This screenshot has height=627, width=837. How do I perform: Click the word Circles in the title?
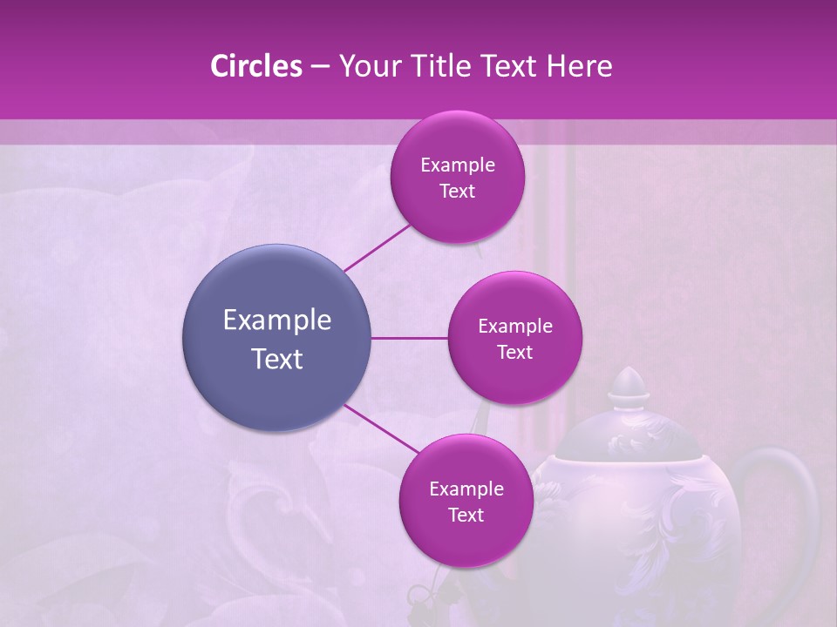[x=255, y=66]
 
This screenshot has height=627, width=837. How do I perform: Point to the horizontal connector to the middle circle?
[x=410, y=338]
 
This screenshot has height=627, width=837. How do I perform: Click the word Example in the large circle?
[x=277, y=320]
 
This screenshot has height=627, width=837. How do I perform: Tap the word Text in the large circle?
[x=277, y=359]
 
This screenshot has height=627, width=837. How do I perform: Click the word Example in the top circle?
[x=458, y=165]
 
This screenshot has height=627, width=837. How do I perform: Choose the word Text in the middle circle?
[x=514, y=352]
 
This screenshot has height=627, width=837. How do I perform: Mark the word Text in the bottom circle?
[x=466, y=515]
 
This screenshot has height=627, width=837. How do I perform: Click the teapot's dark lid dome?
[x=628, y=435]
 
